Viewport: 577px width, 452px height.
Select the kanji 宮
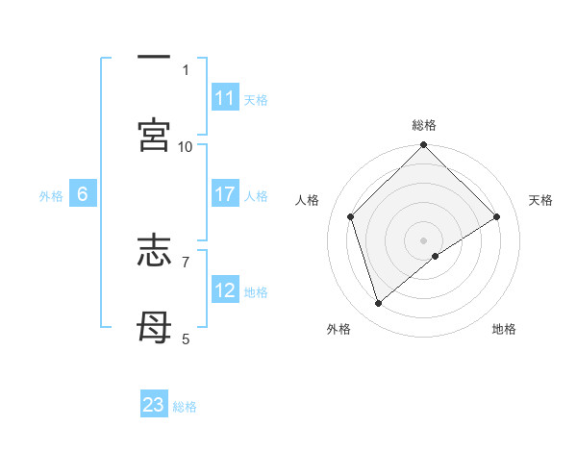coord(154,136)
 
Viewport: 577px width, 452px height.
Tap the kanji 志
coord(154,254)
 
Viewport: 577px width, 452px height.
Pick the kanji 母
coord(154,329)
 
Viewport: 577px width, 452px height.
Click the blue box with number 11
coord(225,98)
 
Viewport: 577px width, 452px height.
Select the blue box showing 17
coord(225,194)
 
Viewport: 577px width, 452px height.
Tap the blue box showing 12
coord(225,290)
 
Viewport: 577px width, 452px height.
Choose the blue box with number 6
coord(83,194)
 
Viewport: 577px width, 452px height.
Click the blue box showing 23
coord(154,405)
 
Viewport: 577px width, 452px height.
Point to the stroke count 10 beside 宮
coord(186,146)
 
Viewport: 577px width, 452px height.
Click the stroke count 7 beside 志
coord(186,261)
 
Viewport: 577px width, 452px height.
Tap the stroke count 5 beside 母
coord(186,339)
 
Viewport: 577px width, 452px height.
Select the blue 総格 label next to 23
coord(185,407)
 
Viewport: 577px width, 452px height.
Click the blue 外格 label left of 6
coord(51,196)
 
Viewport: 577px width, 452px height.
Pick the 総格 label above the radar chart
coord(424,125)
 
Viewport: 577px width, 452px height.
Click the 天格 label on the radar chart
coord(541,200)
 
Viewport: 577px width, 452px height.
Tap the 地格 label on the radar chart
coord(504,329)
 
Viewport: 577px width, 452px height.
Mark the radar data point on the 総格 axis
coord(424,146)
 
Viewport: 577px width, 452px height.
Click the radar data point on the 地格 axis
coord(436,256)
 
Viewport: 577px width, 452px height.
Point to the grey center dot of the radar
coord(424,239)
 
